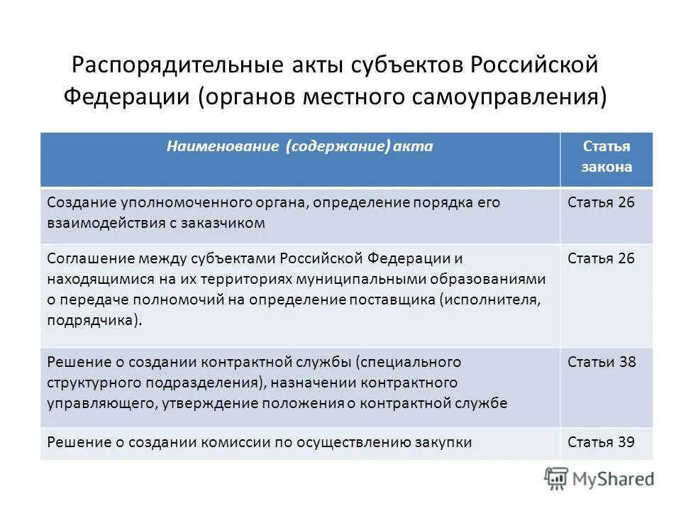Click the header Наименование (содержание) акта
[299, 146]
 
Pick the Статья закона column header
[606, 157]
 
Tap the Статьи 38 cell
[602, 362]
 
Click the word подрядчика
[92, 320]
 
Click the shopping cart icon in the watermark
[556, 479]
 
